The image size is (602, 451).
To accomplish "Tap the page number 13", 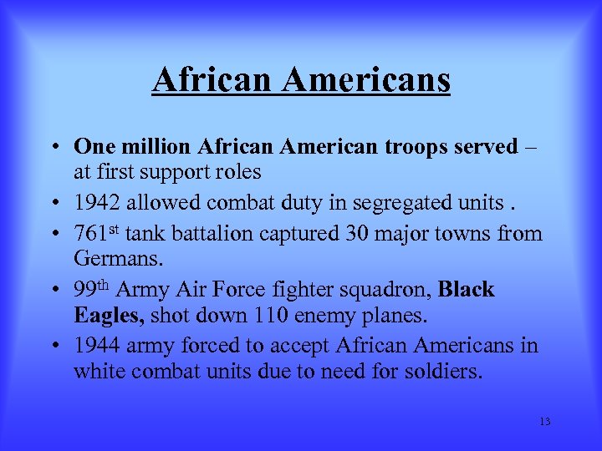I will pos(545,422).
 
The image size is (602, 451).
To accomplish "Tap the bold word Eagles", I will pos(107,316).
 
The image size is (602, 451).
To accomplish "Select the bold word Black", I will pos(467,290).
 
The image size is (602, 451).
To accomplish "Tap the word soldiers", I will pos(442,370).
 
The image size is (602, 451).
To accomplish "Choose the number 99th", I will pos(92,290).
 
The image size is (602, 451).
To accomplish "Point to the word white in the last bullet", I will pos(97,370).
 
